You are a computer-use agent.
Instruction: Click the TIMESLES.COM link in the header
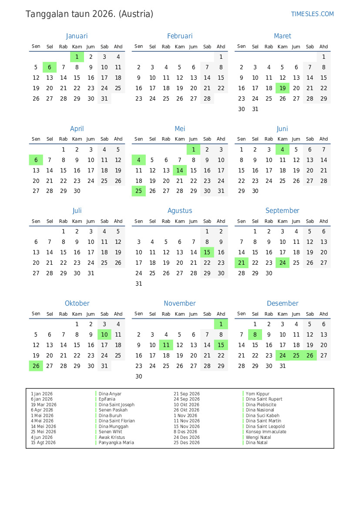(x=312, y=14)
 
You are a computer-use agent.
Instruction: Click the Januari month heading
(x=77, y=36)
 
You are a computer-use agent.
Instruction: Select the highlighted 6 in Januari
(x=50, y=67)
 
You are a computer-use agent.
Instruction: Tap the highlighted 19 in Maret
(x=283, y=88)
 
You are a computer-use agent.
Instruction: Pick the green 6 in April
(x=36, y=160)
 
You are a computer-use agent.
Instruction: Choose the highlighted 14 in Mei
(x=180, y=170)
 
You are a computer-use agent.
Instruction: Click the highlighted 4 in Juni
(x=283, y=149)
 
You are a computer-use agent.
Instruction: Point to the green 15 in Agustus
(x=207, y=252)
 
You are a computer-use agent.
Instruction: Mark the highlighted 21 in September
(x=242, y=263)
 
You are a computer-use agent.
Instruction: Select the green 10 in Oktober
(x=104, y=334)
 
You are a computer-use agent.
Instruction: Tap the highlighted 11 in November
(x=166, y=345)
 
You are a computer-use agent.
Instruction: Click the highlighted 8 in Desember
(x=255, y=334)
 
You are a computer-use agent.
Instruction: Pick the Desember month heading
(x=283, y=303)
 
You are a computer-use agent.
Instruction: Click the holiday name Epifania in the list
(x=107, y=399)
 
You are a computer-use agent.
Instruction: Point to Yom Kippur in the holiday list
(x=258, y=394)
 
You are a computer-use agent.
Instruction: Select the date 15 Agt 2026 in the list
(x=44, y=443)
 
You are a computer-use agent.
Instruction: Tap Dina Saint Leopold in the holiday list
(x=265, y=427)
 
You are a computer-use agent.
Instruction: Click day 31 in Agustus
(x=139, y=283)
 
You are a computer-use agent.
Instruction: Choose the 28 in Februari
(x=207, y=99)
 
